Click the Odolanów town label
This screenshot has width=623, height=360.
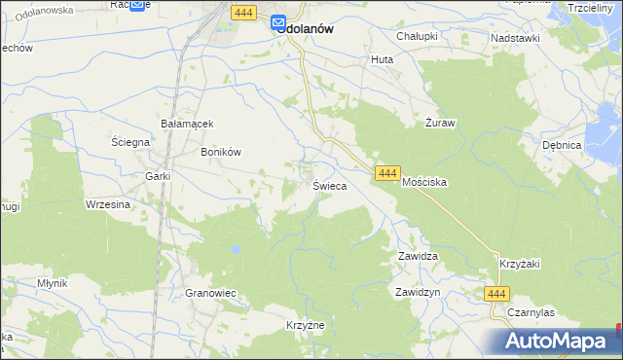pos(306,29)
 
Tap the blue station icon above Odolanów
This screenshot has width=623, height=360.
pos(278,22)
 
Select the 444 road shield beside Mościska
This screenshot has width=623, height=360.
pos(386,172)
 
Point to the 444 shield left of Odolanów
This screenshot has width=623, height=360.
pos(243,12)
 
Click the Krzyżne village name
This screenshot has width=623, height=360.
pos(304,325)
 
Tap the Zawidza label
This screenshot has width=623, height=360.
pos(418,256)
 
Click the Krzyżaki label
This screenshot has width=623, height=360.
pos(519,264)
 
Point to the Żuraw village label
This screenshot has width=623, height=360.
pos(440,124)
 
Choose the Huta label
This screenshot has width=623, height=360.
pos(381,59)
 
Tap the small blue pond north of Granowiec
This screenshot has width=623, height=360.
pos(236,250)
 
